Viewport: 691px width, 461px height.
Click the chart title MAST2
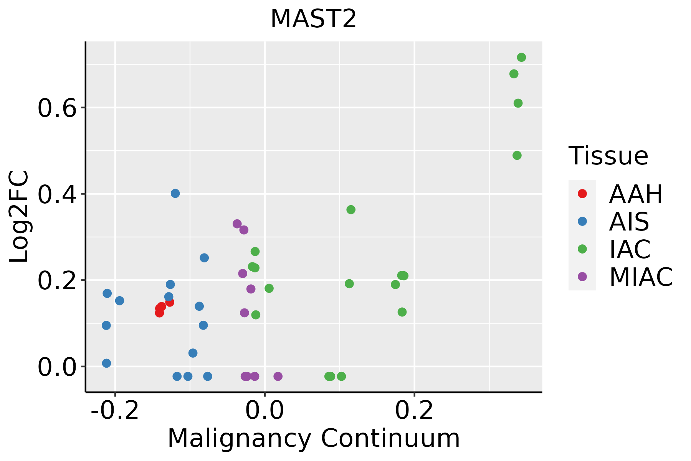pos(313,19)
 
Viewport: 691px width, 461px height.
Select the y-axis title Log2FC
pos(19,217)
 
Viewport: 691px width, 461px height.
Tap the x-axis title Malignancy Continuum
pos(313,438)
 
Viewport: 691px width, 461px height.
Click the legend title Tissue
pos(608,156)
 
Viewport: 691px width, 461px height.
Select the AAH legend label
pos(636,194)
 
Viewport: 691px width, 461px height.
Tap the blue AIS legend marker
pos(582,221)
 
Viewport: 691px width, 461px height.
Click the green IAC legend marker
pos(582,249)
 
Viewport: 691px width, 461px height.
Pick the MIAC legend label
pos(641,277)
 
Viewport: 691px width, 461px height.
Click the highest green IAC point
pos(521,58)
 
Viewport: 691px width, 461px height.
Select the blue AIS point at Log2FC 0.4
pos(175,193)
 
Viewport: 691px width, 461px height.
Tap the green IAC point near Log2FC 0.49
pos(517,155)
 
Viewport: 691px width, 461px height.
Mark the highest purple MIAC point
pos(237,224)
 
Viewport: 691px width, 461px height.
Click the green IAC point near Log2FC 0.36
pos(351,209)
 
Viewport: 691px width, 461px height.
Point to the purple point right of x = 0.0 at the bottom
pos(278,376)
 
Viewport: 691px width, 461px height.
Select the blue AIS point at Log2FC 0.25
pos(204,258)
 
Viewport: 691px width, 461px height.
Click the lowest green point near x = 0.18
pos(402,312)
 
